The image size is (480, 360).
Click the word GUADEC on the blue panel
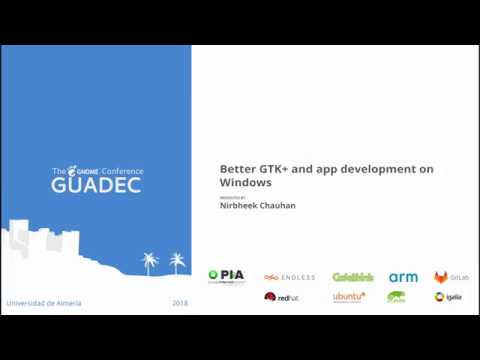click(x=96, y=186)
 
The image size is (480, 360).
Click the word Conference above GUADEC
click(x=121, y=172)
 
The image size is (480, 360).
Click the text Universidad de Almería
click(x=44, y=303)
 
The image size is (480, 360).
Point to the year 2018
click(x=180, y=303)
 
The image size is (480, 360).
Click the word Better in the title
click(x=237, y=169)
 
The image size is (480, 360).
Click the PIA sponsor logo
click(x=225, y=276)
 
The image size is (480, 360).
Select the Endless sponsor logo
click(x=290, y=277)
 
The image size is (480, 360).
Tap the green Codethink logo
click(x=352, y=277)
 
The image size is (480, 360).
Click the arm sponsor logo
click(x=403, y=277)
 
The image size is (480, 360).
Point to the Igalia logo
click(x=447, y=297)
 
